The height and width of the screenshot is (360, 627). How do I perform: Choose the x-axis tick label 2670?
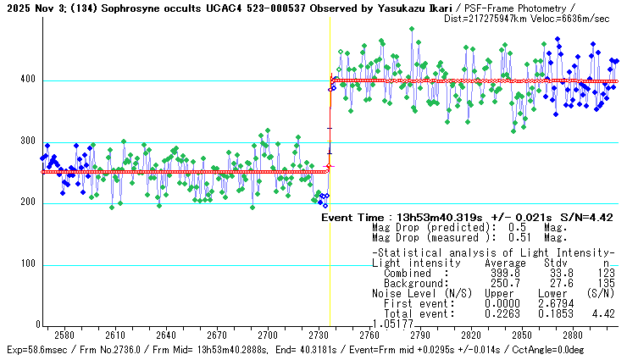click(217, 335)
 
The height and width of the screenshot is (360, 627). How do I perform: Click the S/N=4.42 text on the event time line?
click(589, 218)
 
